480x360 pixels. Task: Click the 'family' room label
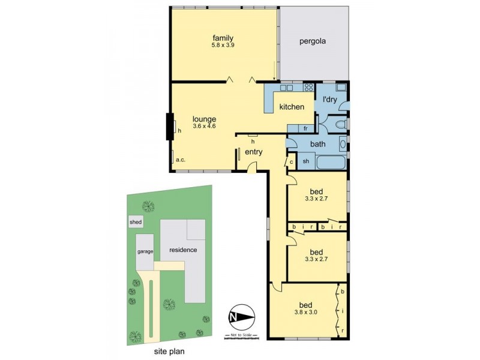(x=222, y=38)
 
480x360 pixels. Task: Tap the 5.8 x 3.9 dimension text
(x=222, y=46)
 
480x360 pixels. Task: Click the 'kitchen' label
(x=292, y=107)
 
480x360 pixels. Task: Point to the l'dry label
(x=330, y=98)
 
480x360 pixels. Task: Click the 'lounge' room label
(x=204, y=119)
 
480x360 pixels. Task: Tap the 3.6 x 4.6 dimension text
(x=204, y=127)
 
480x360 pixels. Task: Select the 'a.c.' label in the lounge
(x=180, y=160)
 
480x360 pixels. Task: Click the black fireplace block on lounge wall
(x=170, y=126)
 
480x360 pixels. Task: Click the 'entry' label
(x=254, y=152)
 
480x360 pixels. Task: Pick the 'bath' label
(x=317, y=145)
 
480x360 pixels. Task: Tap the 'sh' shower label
(x=305, y=161)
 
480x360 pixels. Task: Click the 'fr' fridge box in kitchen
(x=305, y=128)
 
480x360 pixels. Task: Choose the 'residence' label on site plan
(x=183, y=250)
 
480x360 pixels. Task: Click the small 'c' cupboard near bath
(x=290, y=162)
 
